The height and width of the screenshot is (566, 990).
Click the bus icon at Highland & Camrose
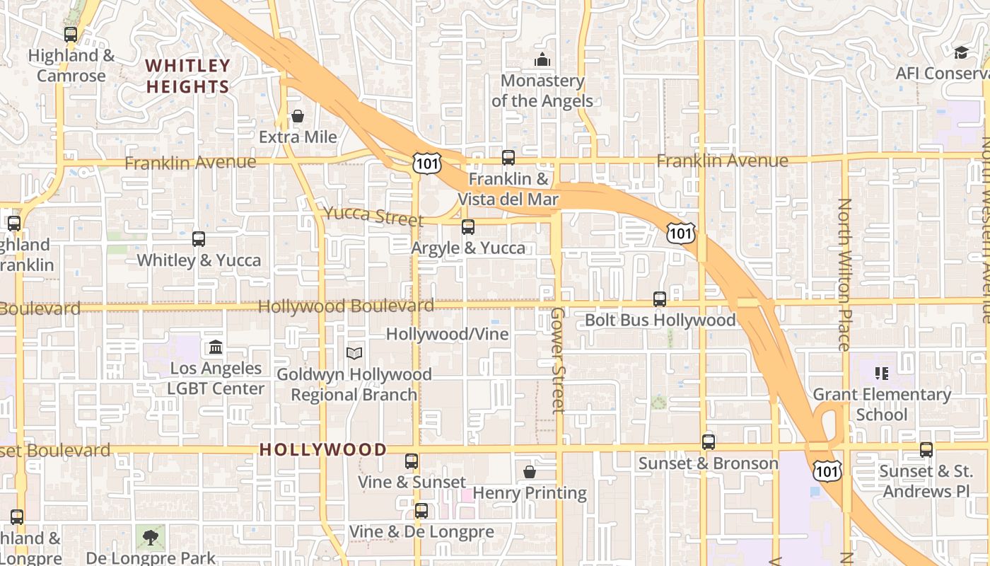click(70, 34)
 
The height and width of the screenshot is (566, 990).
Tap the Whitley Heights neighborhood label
click(187, 76)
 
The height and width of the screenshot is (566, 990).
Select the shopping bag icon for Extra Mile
click(298, 116)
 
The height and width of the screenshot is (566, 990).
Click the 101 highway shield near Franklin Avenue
click(428, 163)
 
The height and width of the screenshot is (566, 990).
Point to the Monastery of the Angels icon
click(542, 59)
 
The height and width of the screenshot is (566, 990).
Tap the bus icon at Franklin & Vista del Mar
click(508, 158)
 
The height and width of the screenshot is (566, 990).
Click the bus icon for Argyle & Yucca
click(467, 227)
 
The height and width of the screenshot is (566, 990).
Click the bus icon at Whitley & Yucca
click(199, 239)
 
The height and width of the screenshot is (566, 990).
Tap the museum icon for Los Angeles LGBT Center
click(216, 347)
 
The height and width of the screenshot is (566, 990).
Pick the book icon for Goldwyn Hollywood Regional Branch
click(354, 353)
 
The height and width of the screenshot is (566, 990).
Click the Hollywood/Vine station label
click(447, 334)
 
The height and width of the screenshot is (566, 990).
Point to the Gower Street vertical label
click(558, 359)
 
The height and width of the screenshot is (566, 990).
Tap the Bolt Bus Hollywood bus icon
click(660, 299)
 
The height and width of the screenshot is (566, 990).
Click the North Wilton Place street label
click(844, 275)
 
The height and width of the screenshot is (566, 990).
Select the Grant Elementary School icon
click(881, 373)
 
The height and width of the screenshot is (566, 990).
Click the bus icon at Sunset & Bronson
click(709, 442)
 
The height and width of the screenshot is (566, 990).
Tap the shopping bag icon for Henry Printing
click(530, 471)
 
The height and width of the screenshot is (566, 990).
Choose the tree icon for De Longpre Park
click(150, 538)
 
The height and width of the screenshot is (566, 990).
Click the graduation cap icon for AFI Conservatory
click(961, 52)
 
